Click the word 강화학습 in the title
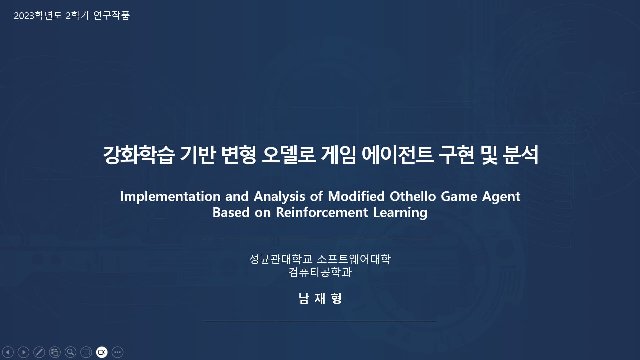[138, 155]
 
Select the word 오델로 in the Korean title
[288, 155]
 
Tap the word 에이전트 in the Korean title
[397, 155]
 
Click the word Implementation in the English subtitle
[170, 197]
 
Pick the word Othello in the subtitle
[413, 196]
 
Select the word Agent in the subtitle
[501, 197]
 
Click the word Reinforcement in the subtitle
[322, 213]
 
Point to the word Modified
[356, 196]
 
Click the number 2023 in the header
[24, 16]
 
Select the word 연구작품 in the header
[111, 15]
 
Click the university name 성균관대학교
[281, 259]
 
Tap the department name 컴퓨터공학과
[320, 272]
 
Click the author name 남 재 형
[320, 298]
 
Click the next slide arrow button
[23, 352]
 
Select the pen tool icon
[39, 352]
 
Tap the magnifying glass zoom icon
[70, 352]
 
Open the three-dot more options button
[117, 352]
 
